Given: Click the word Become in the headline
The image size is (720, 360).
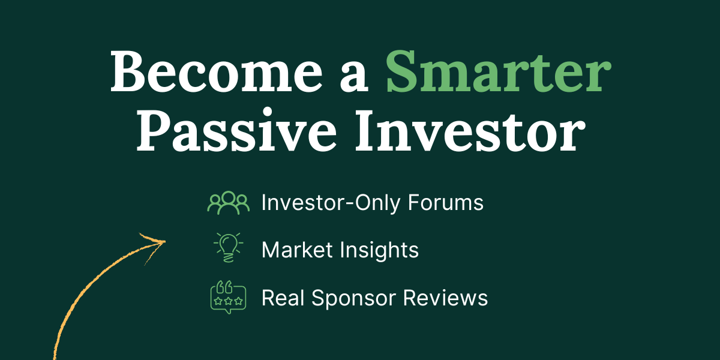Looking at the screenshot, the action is pyautogui.click(x=216, y=71).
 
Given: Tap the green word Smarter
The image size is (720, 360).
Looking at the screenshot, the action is pyautogui.click(x=498, y=71).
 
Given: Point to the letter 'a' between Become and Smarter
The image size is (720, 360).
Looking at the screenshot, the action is pyautogui.click(x=353, y=78).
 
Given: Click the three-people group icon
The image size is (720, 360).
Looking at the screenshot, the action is pyautogui.click(x=229, y=203).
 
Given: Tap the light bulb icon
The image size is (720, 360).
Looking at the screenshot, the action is pyautogui.click(x=228, y=247).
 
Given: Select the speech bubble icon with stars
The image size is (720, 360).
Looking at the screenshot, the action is pyautogui.click(x=228, y=297).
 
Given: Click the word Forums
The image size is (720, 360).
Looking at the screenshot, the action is pyautogui.click(x=445, y=203).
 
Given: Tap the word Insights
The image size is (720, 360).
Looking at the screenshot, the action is pyautogui.click(x=380, y=250).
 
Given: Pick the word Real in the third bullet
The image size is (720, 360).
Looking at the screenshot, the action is pyautogui.click(x=283, y=298).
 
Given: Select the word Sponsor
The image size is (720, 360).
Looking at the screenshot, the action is pyautogui.click(x=353, y=298).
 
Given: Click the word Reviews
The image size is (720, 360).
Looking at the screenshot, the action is pyautogui.click(x=445, y=298).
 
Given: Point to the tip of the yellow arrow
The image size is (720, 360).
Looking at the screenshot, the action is pyautogui.click(x=166, y=241).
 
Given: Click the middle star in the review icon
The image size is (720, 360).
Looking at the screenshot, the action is pyautogui.click(x=228, y=301).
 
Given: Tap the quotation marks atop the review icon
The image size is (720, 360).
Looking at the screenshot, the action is pyautogui.click(x=224, y=287).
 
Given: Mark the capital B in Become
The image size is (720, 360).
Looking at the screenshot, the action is pyautogui.click(x=127, y=72).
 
